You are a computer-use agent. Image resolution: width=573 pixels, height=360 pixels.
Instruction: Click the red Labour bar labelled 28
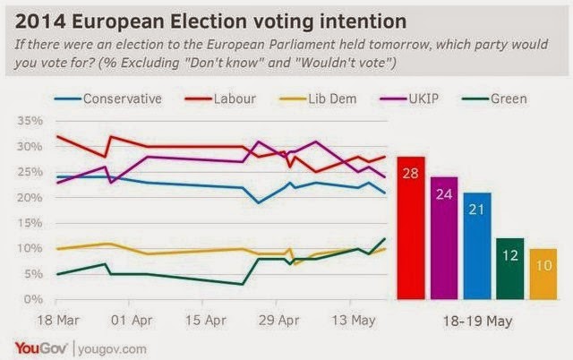click(x=411, y=228)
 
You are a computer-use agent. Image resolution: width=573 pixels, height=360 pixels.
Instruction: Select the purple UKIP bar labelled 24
click(x=444, y=238)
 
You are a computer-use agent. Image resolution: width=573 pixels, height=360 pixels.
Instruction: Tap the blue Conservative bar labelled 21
click(x=477, y=246)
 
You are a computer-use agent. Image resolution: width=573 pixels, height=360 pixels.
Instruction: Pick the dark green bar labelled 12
click(x=510, y=269)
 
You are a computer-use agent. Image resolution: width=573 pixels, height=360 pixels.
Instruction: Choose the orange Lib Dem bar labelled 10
click(x=543, y=274)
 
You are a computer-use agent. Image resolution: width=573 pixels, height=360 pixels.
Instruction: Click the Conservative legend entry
click(x=108, y=99)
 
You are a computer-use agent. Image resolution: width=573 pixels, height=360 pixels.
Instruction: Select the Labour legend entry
click(x=220, y=99)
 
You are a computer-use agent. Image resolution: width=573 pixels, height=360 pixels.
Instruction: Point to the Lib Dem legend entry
click(x=318, y=99)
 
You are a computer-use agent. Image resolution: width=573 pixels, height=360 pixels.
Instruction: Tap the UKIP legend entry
click(x=409, y=99)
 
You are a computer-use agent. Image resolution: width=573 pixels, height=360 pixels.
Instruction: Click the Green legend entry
click(x=494, y=99)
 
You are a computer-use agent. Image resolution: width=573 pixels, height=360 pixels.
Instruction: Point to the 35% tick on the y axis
click(x=30, y=121)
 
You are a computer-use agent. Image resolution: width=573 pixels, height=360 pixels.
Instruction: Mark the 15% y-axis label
click(x=30, y=223)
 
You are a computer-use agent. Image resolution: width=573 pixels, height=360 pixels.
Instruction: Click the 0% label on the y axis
click(x=33, y=299)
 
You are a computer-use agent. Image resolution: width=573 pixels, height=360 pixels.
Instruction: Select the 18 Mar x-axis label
click(x=58, y=321)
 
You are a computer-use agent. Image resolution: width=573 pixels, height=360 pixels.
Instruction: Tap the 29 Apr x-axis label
click(x=278, y=321)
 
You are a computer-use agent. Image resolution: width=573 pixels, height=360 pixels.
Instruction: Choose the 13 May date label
click(x=354, y=321)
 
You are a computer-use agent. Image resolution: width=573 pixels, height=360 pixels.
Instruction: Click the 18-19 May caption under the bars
click(x=477, y=321)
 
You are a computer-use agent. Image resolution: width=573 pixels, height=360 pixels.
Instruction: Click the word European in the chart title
click(x=118, y=21)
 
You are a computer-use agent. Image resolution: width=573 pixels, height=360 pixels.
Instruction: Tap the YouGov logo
click(x=41, y=348)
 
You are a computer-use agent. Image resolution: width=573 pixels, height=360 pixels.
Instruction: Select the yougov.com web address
click(x=112, y=349)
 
